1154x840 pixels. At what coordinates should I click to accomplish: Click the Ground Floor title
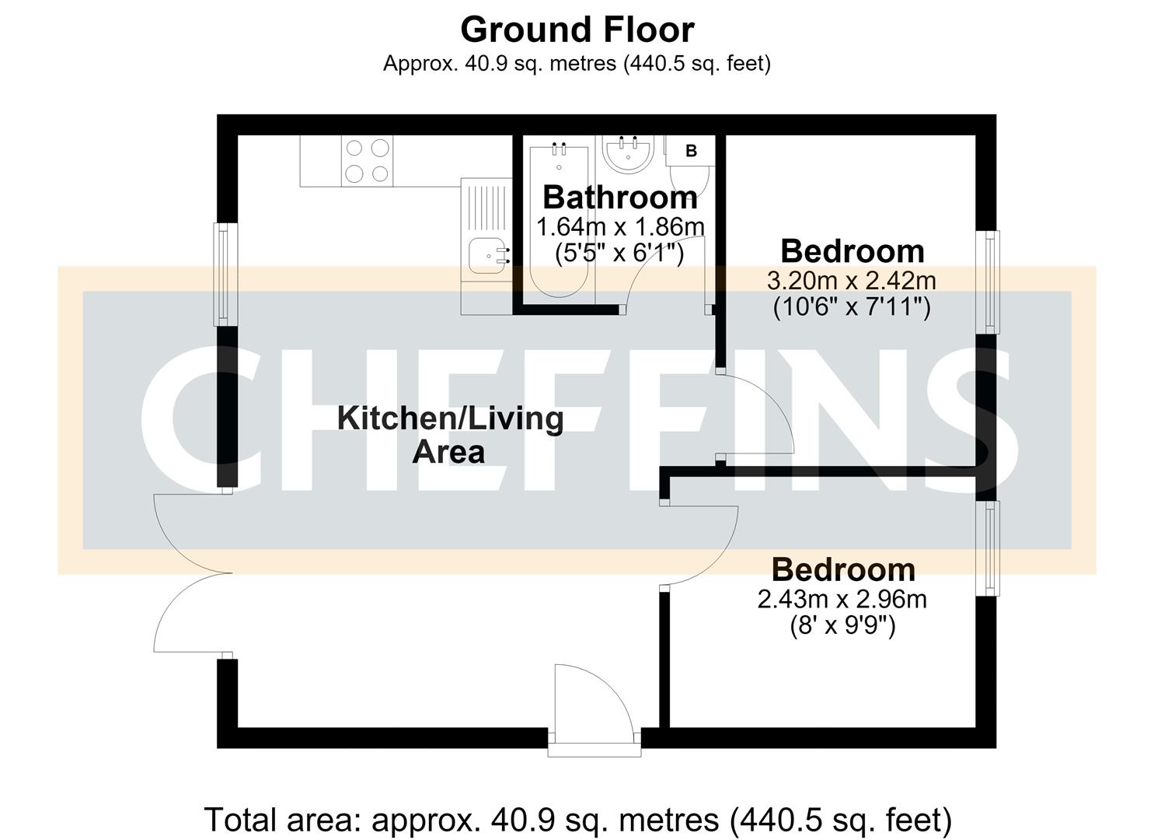click(577, 30)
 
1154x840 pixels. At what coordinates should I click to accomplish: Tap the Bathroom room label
click(620, 198)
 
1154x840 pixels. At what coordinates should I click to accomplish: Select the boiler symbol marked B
click(691, 151)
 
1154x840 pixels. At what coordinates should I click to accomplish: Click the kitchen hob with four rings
click(367, 161)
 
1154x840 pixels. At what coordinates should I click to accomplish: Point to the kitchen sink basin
click(486, 255)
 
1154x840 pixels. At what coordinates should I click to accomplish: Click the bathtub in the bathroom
click(559, 222)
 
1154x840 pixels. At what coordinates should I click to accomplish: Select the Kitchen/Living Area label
click(450, 435)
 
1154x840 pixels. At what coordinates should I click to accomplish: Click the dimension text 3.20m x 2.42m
click(851, 281)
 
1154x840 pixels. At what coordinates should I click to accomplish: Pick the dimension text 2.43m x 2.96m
click(842, 599)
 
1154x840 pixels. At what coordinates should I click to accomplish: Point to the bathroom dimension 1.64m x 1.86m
click(620, 227)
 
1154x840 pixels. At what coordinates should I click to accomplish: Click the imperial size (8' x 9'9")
click(842, 627)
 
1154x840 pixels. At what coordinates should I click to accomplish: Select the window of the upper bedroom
click(988, 282)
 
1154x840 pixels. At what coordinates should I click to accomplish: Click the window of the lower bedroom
click(988, 548)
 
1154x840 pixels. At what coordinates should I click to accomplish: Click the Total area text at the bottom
click(577, 819)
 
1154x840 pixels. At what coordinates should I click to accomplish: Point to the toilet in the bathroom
click(690, 180)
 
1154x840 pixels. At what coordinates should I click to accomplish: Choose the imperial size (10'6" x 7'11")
click(852, 308)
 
